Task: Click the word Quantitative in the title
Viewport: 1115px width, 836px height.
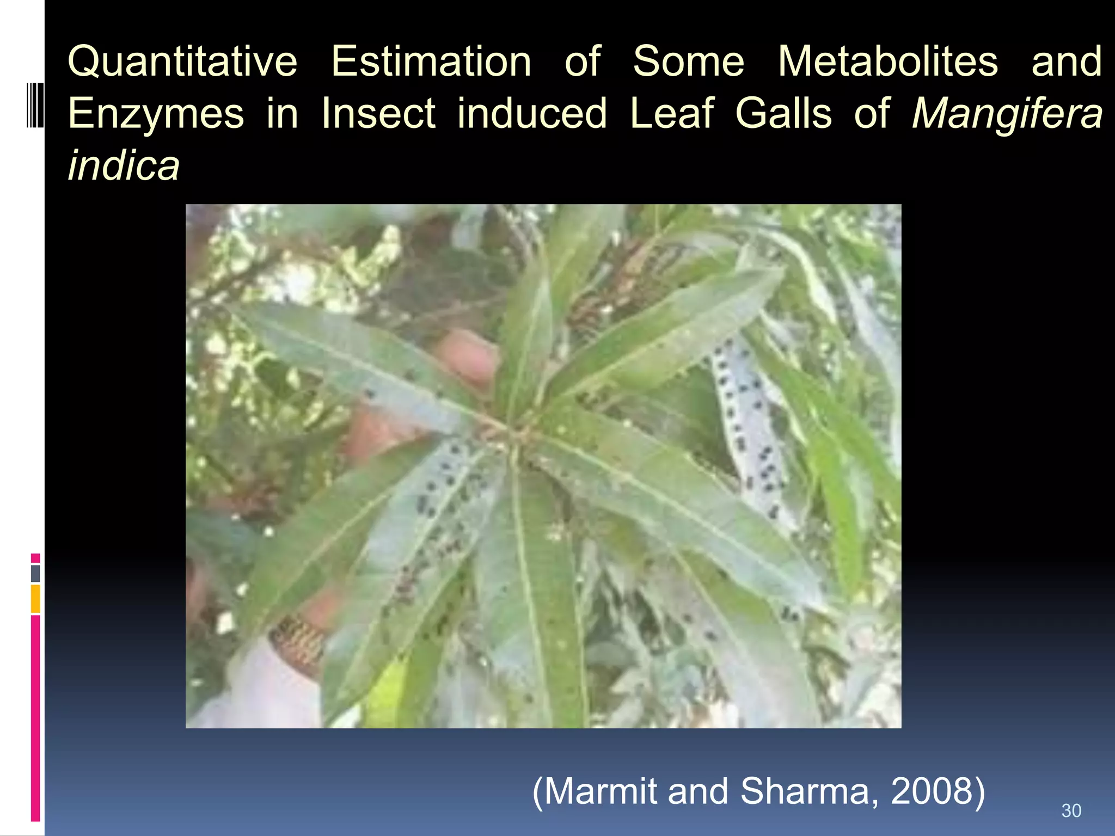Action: [x=182, y=62]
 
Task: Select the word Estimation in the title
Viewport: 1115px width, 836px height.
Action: [x=431, y=62]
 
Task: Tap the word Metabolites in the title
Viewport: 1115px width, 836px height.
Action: [x=888, y=62]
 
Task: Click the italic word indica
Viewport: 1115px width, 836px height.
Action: [x=124, y=165]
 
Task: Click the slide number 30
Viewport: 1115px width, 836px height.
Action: [x=1071, y=811]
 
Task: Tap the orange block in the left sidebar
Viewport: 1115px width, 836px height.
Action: [x=35, y=599]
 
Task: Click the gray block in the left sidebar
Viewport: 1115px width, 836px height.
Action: [x=35, y=573]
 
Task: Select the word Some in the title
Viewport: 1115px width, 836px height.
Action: [x=688, y=62]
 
